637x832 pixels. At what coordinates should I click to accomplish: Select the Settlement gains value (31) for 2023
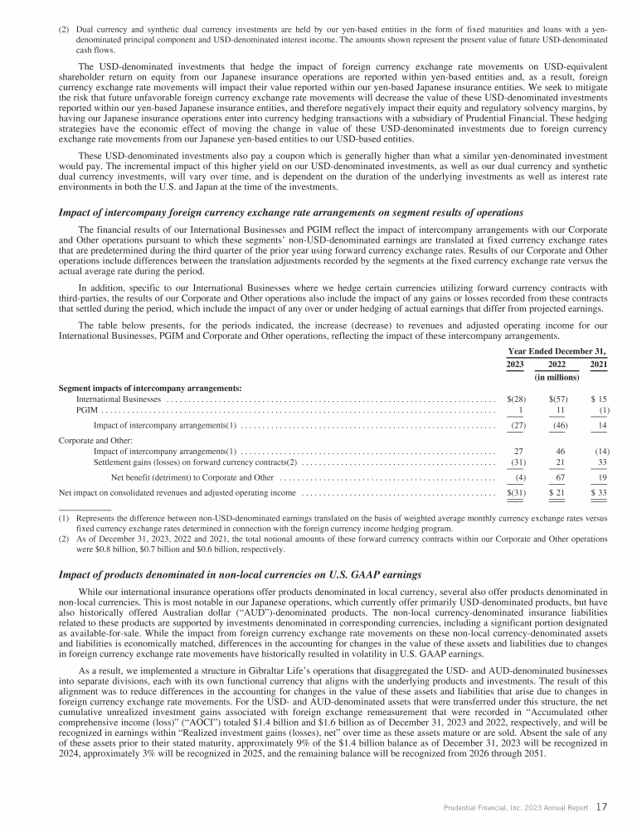[516, 462]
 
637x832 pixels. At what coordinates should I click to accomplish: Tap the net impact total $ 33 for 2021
[599, 493]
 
